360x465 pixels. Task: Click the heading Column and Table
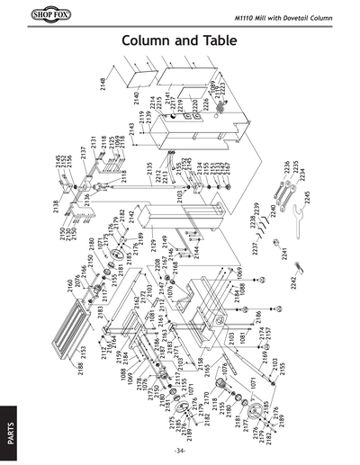180,42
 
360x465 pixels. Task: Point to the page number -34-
180,450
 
